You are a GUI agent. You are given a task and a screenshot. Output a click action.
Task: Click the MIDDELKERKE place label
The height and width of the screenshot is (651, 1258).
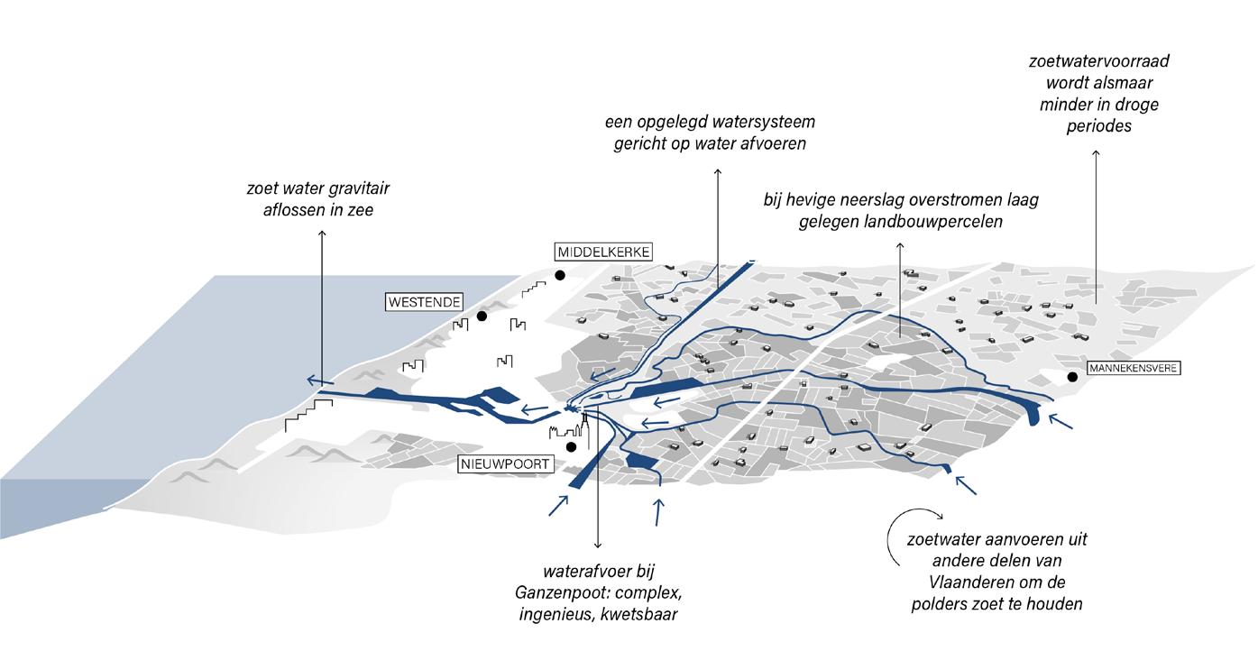(x=603, y=252)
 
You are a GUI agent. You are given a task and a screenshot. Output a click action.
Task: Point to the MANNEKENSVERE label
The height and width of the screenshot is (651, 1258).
(x=1134, y=368)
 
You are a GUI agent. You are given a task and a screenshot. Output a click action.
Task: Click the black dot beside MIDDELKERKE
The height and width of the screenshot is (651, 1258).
(x=560, y=275)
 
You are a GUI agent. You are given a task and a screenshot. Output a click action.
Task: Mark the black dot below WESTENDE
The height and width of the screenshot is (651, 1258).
(x=482, y=316)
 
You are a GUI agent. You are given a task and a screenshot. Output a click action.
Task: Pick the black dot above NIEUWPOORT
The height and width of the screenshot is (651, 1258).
(x=571, y=446)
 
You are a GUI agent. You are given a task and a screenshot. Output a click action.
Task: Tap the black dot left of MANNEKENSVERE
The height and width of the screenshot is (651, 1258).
(x=1072, y=377)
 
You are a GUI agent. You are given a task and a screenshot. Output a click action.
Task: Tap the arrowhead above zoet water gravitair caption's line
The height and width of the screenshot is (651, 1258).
(x=323, y=234)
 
